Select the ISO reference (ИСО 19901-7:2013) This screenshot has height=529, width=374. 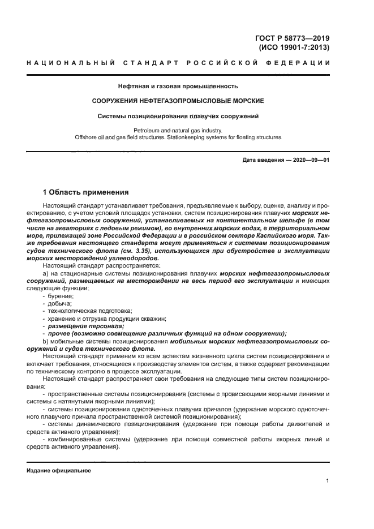click(x=294, y=48)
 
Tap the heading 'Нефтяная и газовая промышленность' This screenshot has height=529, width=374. click(x=178, y=87)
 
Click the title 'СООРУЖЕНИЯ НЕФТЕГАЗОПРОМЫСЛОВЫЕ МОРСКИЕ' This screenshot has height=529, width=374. click(x=178, y=101)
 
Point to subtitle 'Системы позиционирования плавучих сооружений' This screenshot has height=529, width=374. click(x=178, y=117)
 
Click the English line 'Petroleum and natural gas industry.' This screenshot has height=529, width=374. click(x=178, y=130)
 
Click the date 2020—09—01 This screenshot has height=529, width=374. click(x=309, y=161)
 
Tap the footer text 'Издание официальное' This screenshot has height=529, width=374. click(x=58, y=470)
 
